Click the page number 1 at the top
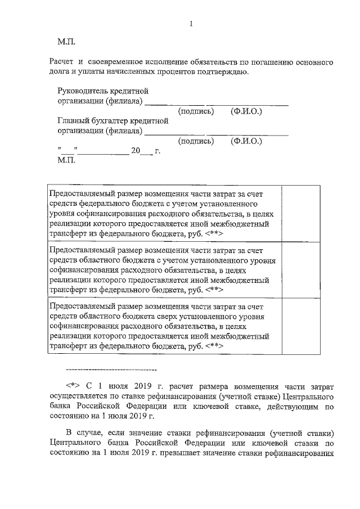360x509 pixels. [191, 24]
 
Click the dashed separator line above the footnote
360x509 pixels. [111, 370]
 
